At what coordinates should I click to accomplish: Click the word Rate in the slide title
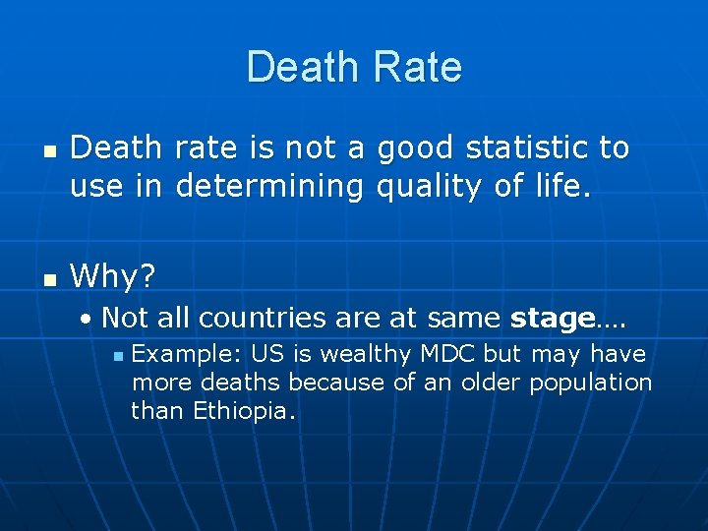[417, 68]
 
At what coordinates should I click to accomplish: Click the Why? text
[113, 276]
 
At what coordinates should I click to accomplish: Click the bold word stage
[553, 318]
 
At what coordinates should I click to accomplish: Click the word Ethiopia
[241, 410]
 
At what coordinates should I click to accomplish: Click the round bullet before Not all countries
[88, 321]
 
